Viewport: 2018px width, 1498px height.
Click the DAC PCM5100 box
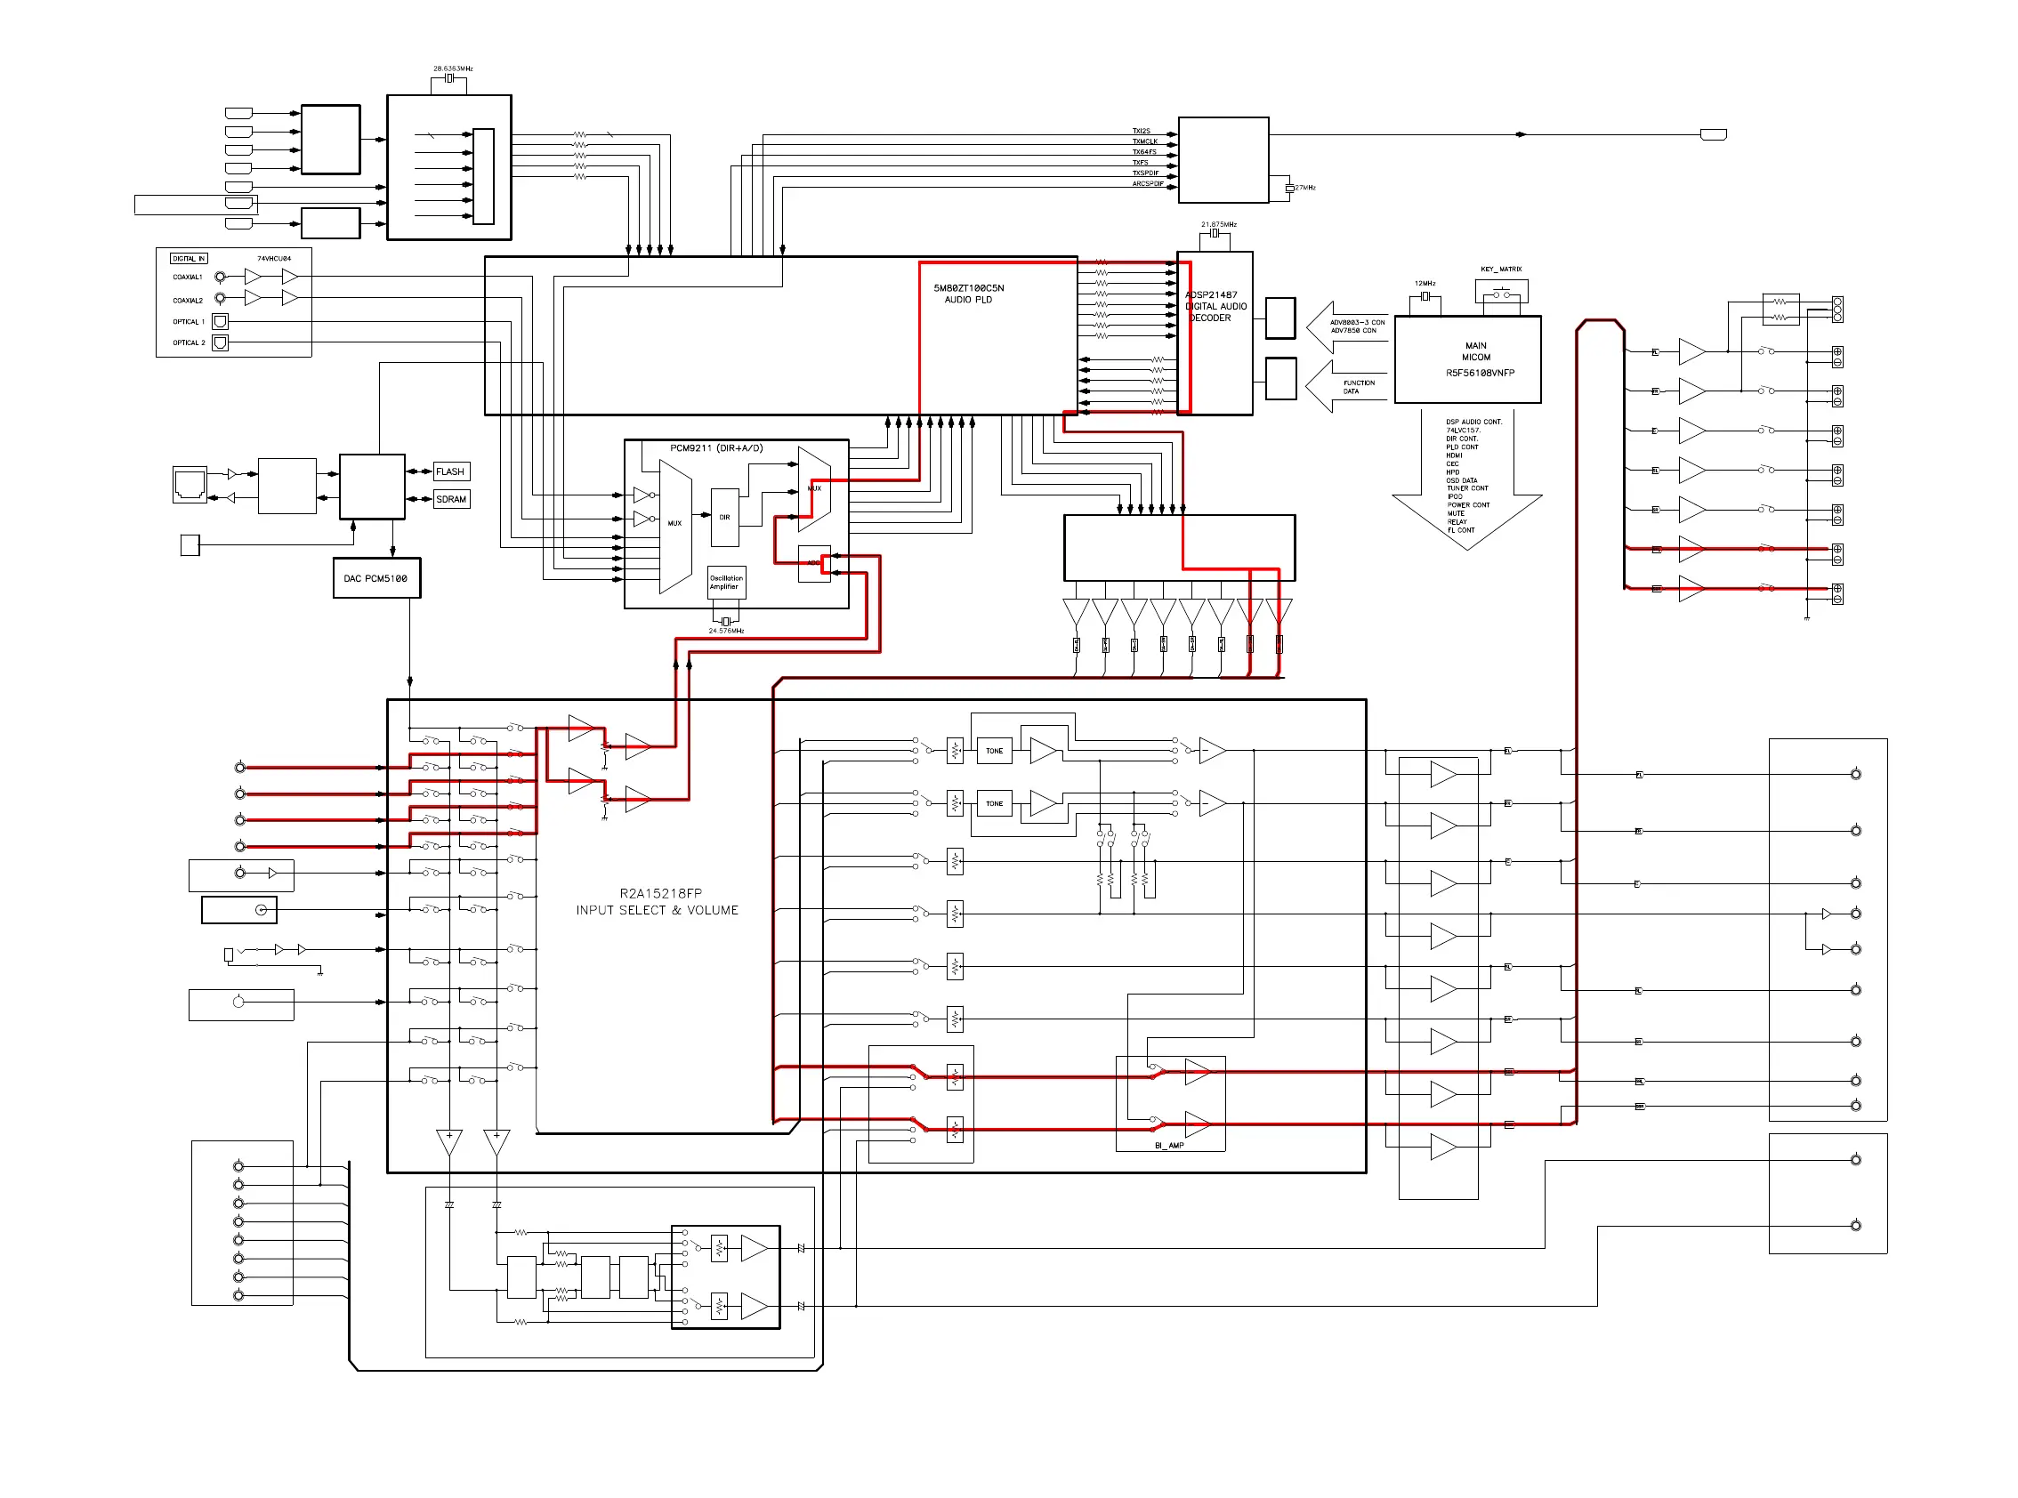[376, 578]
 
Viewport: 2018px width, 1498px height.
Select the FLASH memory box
[451, 471]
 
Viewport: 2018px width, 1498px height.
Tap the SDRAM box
[451, 499]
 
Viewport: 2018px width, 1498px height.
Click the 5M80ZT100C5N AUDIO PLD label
[969, 294]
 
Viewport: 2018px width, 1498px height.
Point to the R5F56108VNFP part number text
[1480, 373]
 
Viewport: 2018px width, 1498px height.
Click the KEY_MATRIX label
[1500, 270]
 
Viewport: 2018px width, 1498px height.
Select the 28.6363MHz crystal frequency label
[453, 68]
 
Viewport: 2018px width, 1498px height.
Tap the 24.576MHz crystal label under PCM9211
[725, 630]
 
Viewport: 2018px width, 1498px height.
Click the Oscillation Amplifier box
[725, 582]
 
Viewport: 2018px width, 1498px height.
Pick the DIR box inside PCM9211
[724, 518]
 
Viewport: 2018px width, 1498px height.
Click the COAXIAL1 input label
[188, 278]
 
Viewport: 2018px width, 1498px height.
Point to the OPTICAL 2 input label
[189, 342]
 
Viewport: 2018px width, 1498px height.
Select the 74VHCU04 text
[274, 259]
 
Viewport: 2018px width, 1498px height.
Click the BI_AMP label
[1169, 1145]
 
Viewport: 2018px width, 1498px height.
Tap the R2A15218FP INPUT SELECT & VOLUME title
[657, 901]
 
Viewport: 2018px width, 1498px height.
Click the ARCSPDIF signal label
[1147, 184]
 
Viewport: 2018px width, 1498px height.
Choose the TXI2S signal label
[1141, 132]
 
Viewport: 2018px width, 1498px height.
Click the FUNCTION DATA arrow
[1347, 387]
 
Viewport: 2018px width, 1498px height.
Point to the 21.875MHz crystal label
[1218, 224]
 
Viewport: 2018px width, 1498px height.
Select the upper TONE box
[994, 751]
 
